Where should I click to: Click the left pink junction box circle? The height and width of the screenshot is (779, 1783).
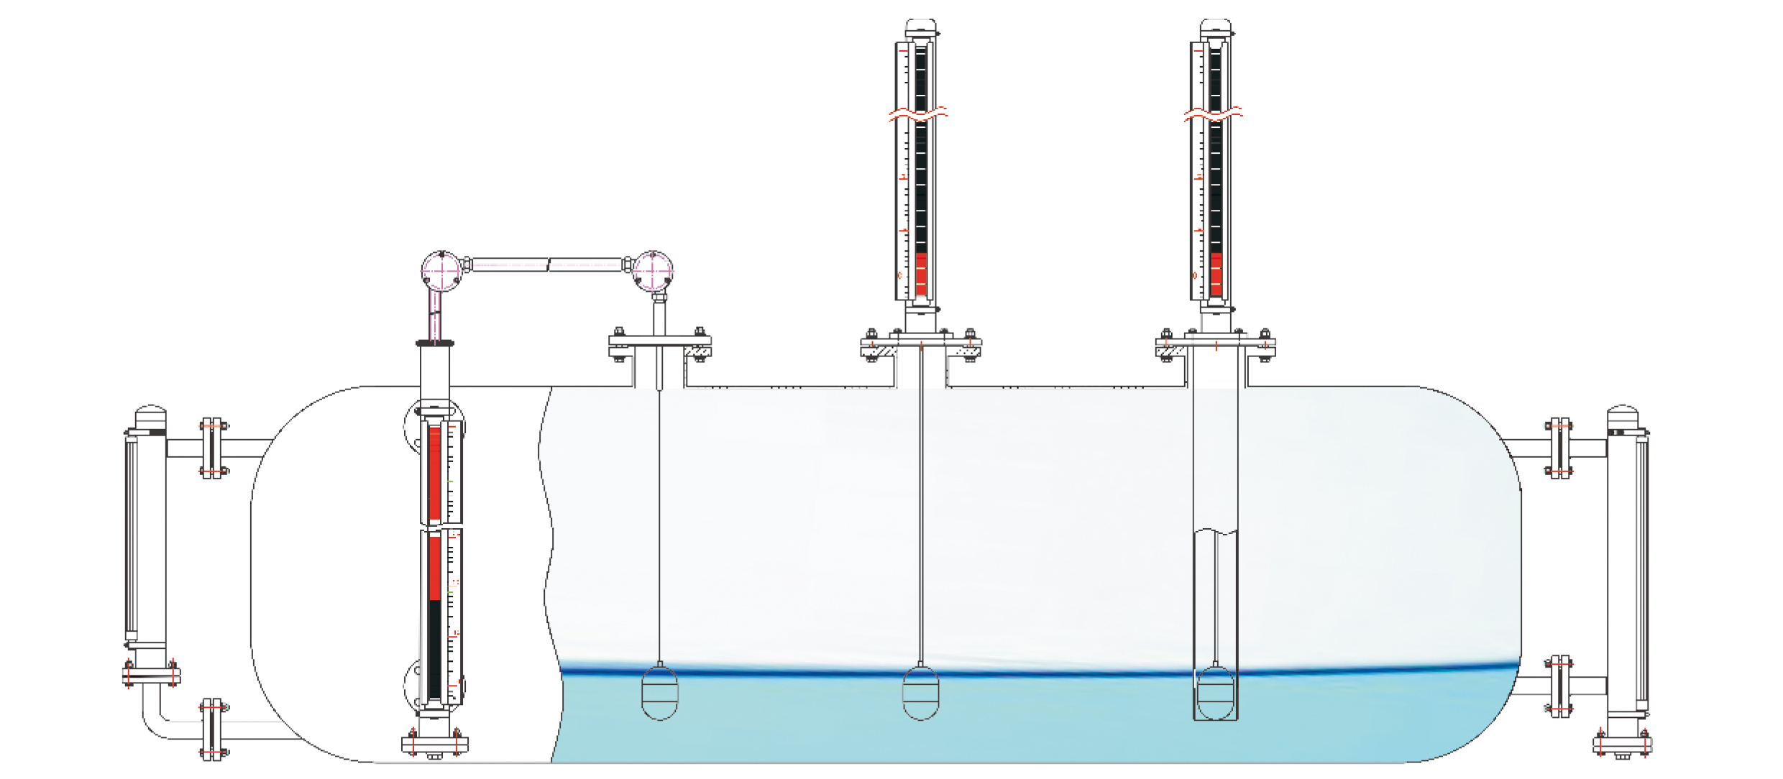441,271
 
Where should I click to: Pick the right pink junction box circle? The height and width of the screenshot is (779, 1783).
653,271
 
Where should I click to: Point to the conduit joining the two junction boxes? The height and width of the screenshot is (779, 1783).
546,264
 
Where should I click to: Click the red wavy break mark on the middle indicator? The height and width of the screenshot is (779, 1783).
919,114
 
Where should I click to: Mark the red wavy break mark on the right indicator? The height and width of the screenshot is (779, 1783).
1214,114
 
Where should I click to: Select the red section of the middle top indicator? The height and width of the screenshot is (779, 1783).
921,274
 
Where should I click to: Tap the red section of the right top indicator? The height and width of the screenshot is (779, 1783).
1216,274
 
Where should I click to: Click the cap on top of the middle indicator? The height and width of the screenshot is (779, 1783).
921,29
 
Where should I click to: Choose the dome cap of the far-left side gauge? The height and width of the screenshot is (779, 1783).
150,417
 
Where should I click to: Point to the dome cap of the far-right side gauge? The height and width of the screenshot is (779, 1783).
1623,417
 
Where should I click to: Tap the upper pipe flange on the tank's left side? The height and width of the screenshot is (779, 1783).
212,448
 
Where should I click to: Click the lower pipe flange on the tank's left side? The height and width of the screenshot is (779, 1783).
212,729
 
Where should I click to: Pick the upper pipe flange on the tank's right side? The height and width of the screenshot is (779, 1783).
1559,448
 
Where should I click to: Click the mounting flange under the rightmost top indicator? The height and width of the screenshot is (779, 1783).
1215,346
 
